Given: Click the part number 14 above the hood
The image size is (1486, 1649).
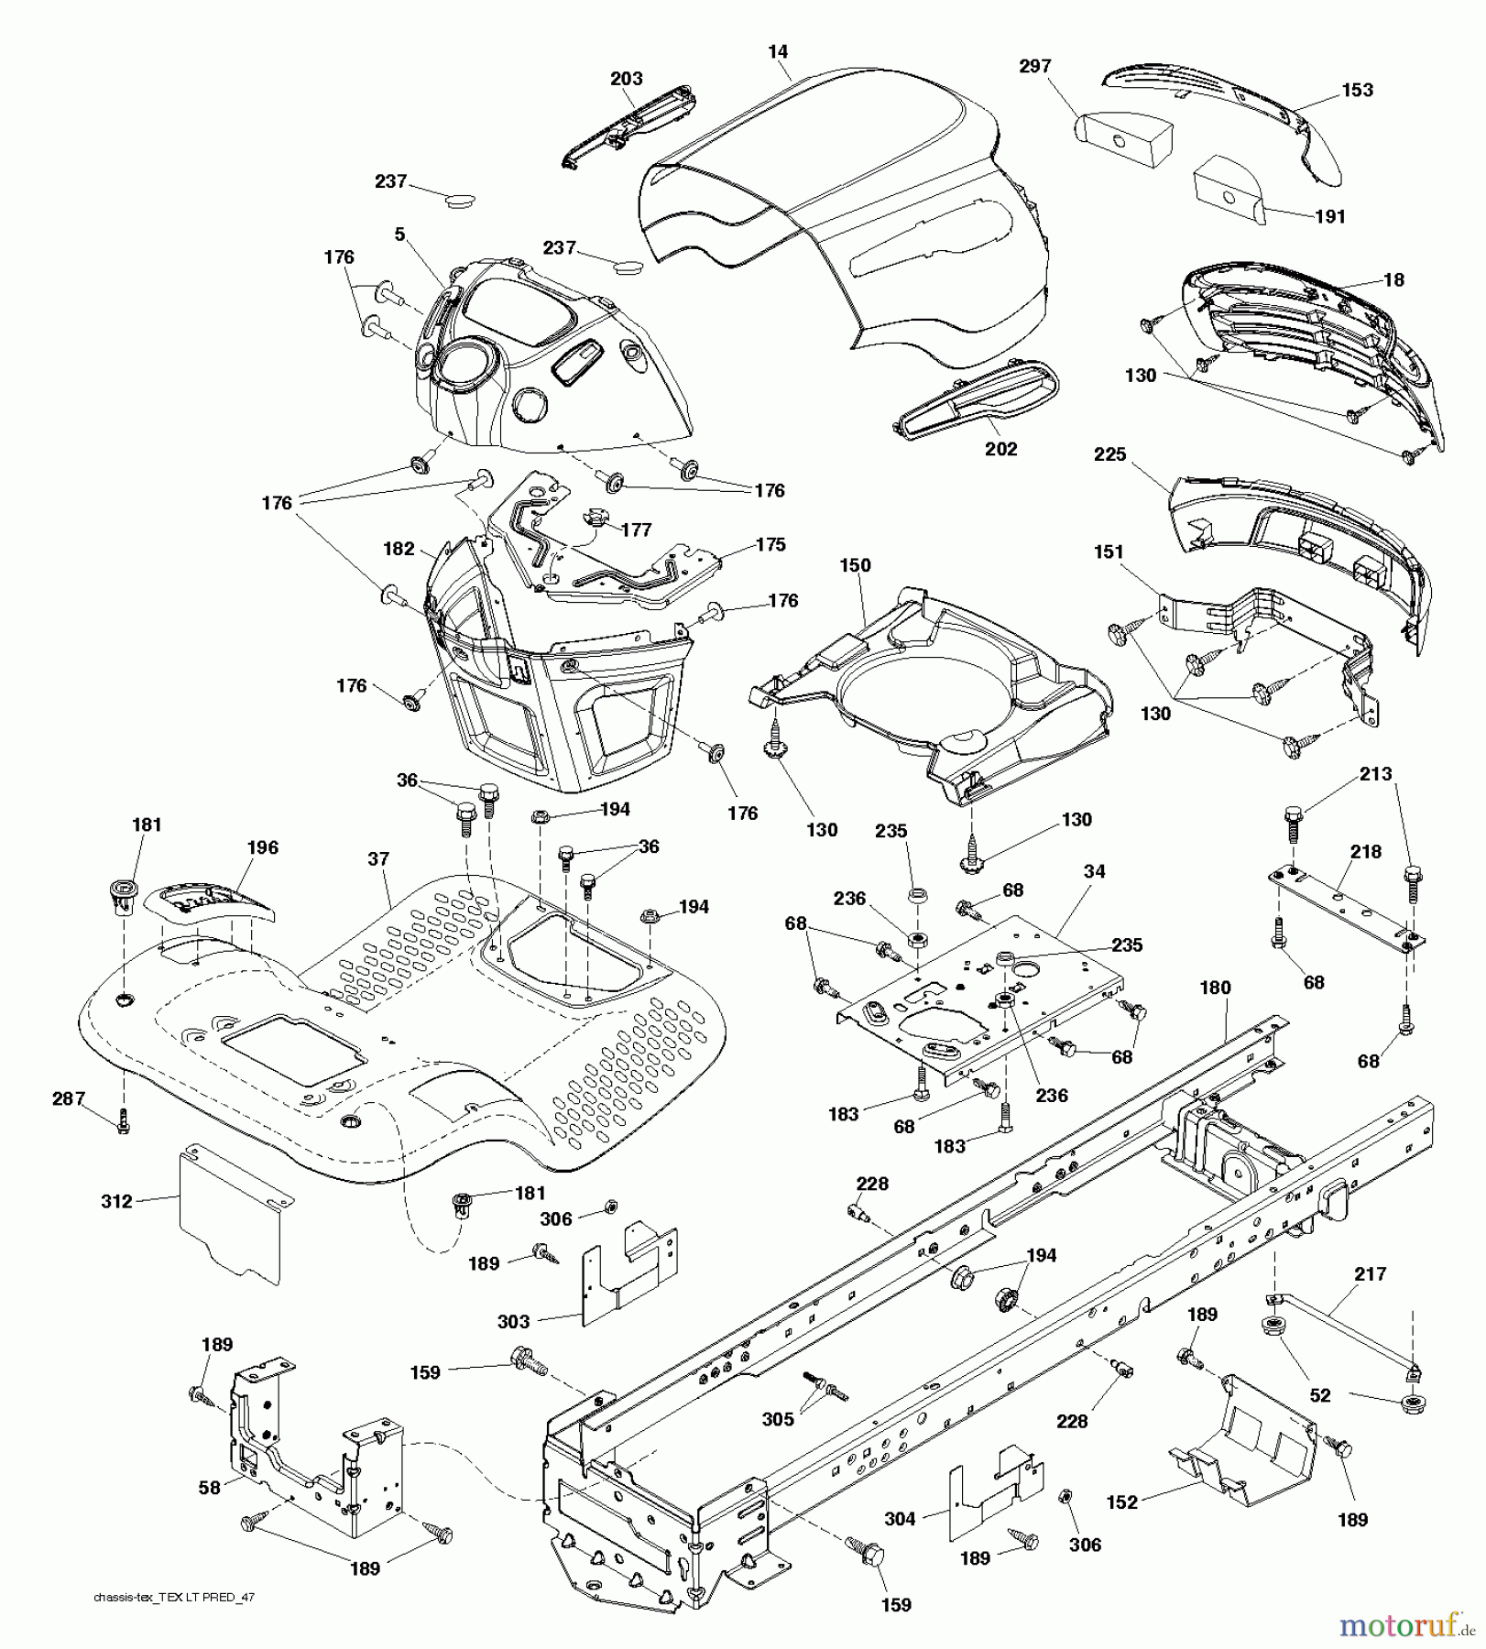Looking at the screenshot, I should [x=777, y=52].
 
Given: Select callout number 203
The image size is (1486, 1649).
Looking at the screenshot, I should [x=627, y=79].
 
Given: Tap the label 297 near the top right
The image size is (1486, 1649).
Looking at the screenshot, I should [x=1034, y=66].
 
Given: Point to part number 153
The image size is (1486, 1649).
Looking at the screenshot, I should [x=1357, y=90].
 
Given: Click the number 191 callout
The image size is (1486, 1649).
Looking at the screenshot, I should [x=1329, y=216].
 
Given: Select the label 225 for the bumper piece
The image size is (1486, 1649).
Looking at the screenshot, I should [x=1109, y=455].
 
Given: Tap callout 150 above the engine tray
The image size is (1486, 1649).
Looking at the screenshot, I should [x=855, y=565].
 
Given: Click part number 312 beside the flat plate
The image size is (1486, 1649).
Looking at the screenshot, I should [x=116, y=1201].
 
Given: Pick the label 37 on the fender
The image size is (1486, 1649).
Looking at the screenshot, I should [x=378, y=858].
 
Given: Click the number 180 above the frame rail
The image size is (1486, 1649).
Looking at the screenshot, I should [x=1215, y=988].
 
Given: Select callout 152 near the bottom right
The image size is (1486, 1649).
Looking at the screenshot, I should [x=1121, y=1502].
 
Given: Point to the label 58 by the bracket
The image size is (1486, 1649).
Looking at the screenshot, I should [x=210, y=1488].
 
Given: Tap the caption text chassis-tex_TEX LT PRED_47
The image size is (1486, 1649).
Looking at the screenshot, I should [x=173, y=1597].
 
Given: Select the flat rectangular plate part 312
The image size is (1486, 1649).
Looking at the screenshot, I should [x=231, y=1214].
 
